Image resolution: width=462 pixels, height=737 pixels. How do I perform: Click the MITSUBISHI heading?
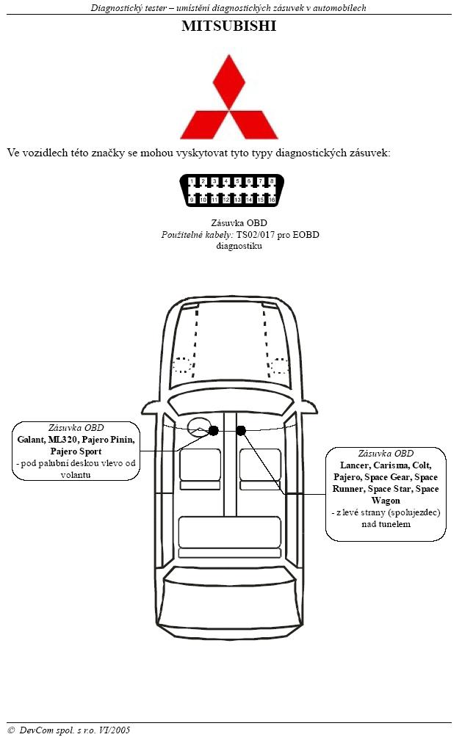tap(228, 26)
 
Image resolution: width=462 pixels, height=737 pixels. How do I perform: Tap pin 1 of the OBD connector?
tap(192, 181)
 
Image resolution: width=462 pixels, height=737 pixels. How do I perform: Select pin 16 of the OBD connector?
tap(272, 200)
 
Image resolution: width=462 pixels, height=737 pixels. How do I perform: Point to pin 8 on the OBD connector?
tap(272, 181)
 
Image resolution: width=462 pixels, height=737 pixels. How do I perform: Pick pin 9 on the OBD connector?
tap(192, 200)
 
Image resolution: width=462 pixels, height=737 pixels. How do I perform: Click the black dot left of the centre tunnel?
tap(214, 431)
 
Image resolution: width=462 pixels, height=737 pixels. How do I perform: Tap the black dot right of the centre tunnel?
tap(242, 430)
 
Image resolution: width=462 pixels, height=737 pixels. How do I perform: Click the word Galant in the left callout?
tap(31, 440)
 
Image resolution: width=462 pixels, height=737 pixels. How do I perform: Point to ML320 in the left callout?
tap(62, 440)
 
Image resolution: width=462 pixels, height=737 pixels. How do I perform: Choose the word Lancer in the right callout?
tap(355, 465)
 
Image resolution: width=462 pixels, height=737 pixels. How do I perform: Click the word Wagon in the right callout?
tap(386, 501)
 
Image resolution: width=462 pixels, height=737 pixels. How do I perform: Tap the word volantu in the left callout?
tap(76, 475)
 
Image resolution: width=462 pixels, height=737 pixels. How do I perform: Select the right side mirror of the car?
tap(308, 407)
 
